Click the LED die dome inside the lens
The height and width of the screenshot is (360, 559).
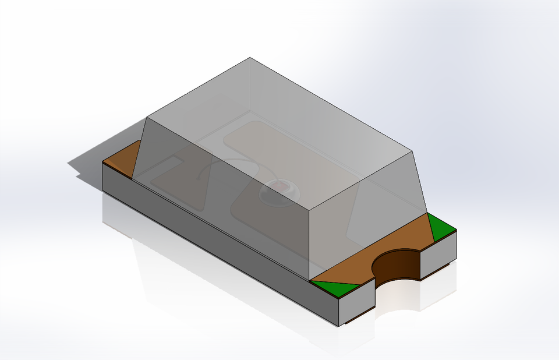click(280, 190)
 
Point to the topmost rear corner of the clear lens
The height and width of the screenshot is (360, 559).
click(250, 58)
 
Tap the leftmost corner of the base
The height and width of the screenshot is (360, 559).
click(102, 163)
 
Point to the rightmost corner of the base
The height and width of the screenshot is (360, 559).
click(457, 231)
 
